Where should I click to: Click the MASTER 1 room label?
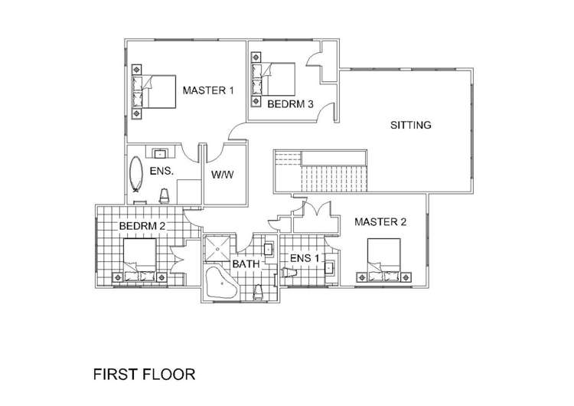(x=208, y=90)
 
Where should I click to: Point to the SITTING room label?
(x=412, y=125)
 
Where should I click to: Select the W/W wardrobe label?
(x=222, y=175)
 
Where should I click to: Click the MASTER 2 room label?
(x=380, y=223)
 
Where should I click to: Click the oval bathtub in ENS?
(x=137, y=174)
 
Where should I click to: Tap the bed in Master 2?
(x=383, y=258)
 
